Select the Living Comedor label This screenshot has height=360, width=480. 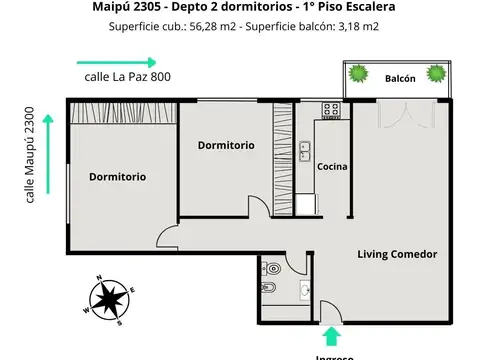click(397, 254)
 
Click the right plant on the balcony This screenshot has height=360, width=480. click(436, 74)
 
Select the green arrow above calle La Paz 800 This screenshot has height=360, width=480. click(114, 61)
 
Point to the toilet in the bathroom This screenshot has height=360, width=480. click(270, 269)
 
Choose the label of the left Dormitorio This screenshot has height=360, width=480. click(117, 177)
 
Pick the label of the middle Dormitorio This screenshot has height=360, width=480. click(225, 145)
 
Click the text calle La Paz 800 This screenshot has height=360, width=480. click(126, 77)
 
